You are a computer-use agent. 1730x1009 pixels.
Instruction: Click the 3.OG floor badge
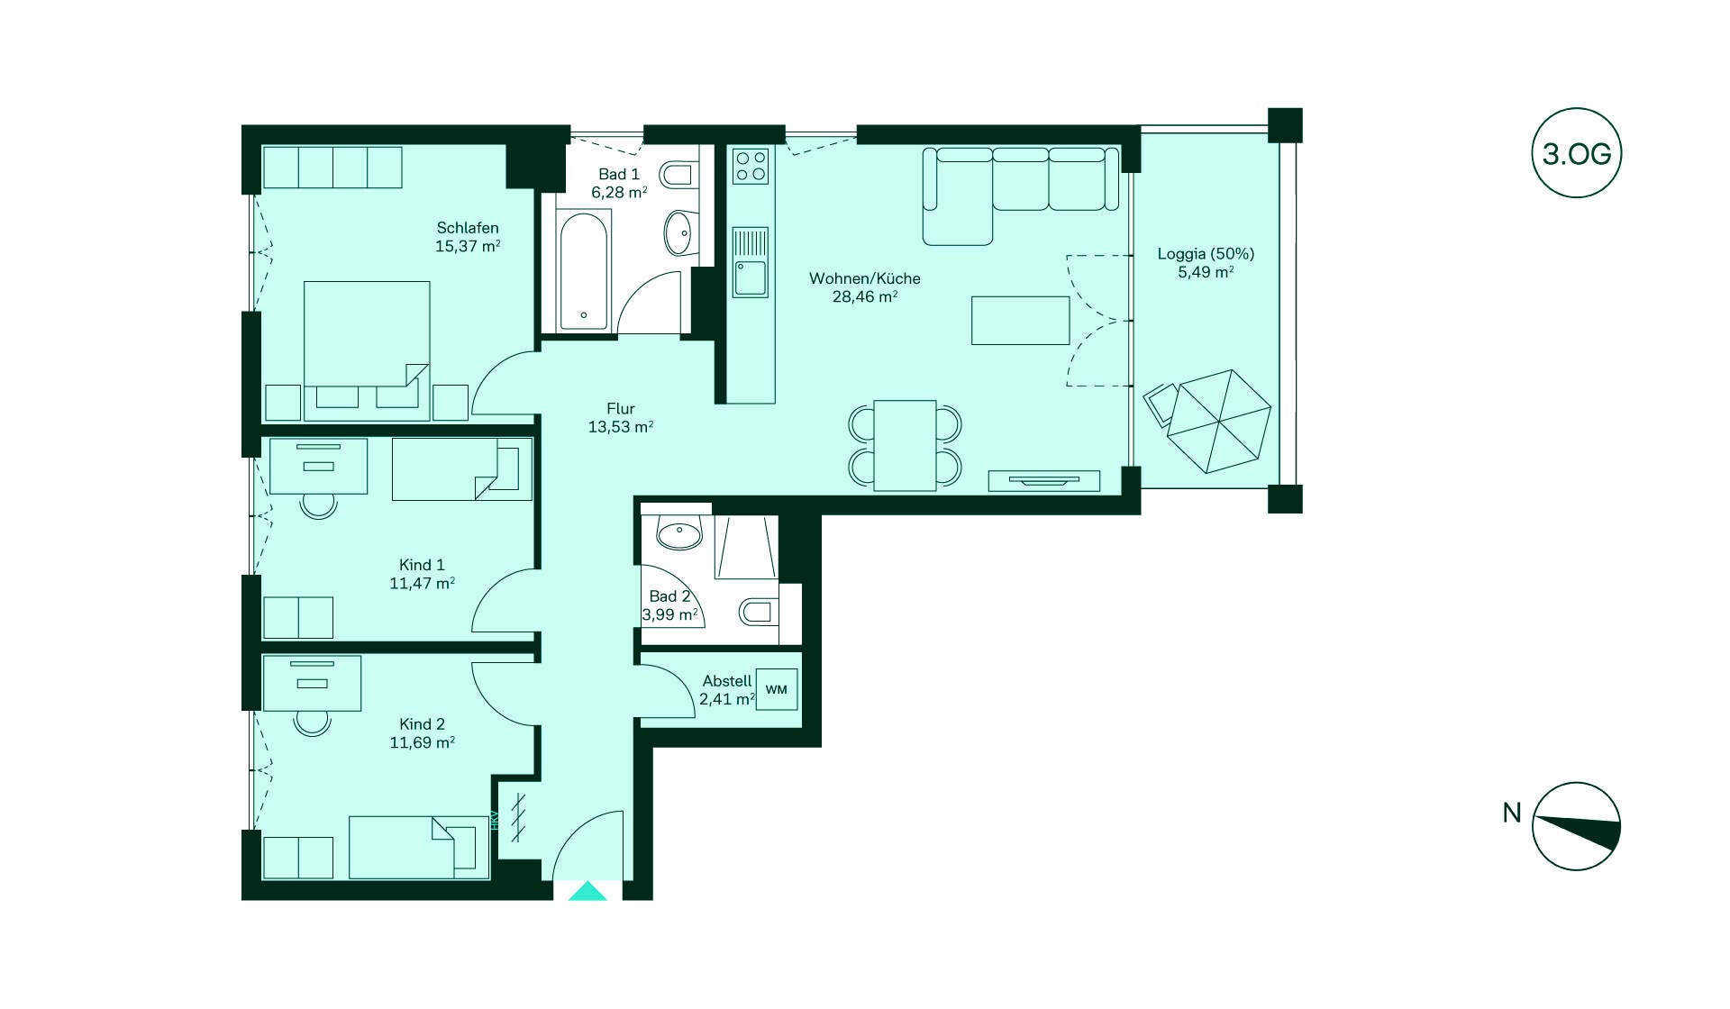(1576, 153)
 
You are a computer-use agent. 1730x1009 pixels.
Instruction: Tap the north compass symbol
(1576, 826)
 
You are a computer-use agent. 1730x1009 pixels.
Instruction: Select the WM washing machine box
(776, 689)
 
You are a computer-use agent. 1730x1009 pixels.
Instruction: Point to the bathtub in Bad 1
(585, 270)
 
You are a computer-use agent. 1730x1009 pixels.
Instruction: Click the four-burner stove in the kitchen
(751, 166)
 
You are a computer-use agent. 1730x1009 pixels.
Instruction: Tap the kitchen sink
(751, 262)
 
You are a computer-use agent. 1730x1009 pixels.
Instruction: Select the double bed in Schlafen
(367, 350)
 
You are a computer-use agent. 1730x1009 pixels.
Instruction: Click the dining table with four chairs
(906, 445)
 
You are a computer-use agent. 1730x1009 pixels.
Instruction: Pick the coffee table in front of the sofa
(1021, 320)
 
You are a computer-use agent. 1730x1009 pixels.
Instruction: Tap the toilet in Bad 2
(758, 613)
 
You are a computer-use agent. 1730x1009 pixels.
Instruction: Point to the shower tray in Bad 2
(746, 547)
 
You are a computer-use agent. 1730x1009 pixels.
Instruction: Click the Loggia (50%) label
(1206, 254)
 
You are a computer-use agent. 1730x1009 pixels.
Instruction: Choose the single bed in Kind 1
(462, 469)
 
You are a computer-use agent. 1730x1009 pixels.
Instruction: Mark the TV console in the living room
(1044, 481)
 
